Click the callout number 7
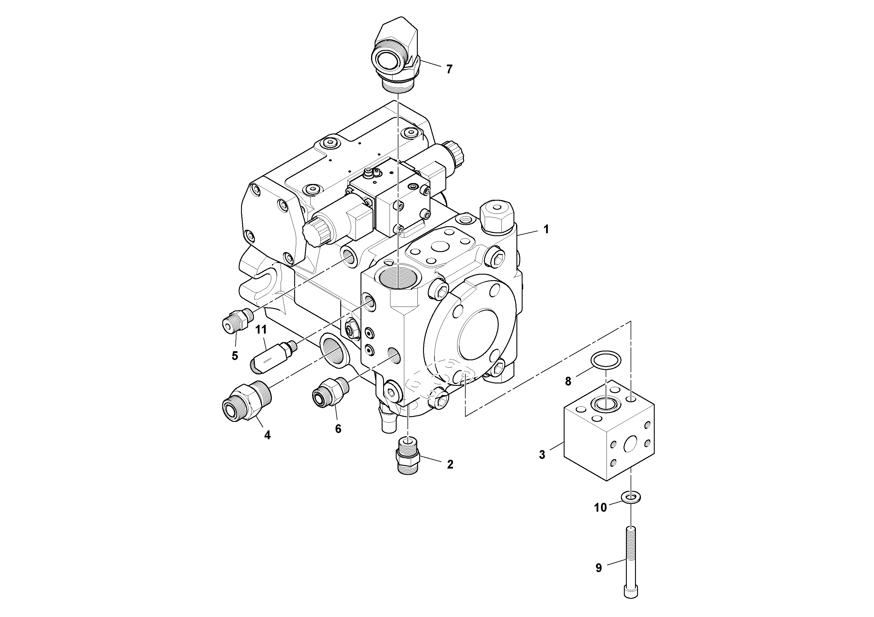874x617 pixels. tap(449, 70)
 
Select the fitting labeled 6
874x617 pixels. tap(330, 393)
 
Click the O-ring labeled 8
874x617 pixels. tap(605, 360)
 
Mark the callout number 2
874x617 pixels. tap(450, 464)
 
